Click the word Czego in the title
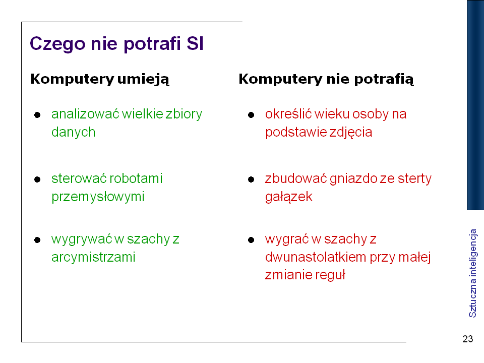point(57,44)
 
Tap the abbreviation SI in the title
point(195,43)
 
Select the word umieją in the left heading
point(143,79)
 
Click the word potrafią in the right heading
point(384,79)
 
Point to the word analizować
point(85,114)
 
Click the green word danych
point(74,132)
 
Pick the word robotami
point(136,178)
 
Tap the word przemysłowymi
point(98,197)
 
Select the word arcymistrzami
point(93,257)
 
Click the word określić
point(288,114)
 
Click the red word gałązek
point(288,197)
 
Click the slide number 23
point(468,339)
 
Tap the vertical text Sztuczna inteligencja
point(472,273)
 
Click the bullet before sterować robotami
point(37,179)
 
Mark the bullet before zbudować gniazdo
point(251,179)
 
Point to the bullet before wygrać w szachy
point(251,240)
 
